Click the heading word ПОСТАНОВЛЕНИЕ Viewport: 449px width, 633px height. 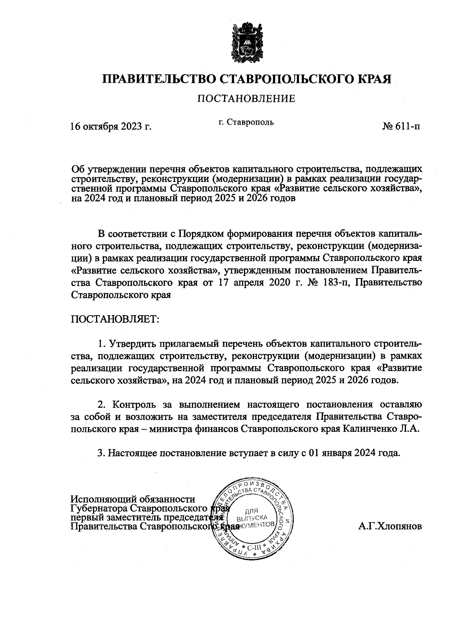coord(246,99)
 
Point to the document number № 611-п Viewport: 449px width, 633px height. coord(401,126)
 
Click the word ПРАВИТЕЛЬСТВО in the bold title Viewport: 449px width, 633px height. coord(158,79)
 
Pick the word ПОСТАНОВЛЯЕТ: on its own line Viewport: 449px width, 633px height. coord(115,319)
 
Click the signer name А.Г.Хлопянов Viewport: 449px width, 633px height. coord(390,526)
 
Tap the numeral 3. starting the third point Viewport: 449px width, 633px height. coord(101,453)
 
